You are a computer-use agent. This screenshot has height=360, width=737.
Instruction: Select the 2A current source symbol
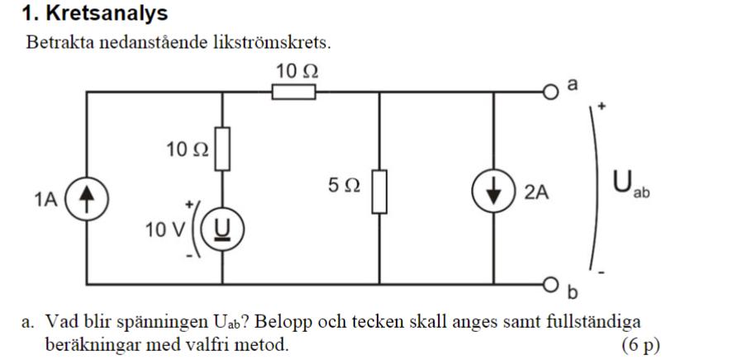coord(493,192)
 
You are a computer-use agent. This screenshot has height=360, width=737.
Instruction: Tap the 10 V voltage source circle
coord(222,228)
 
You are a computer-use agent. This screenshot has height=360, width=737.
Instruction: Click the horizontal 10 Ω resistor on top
coord(294,92)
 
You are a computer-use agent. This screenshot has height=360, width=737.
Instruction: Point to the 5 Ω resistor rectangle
coord(378,191)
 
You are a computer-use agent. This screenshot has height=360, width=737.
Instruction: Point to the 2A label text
coord(536,192)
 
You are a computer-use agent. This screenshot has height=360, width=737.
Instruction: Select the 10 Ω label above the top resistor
coord(297,72)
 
